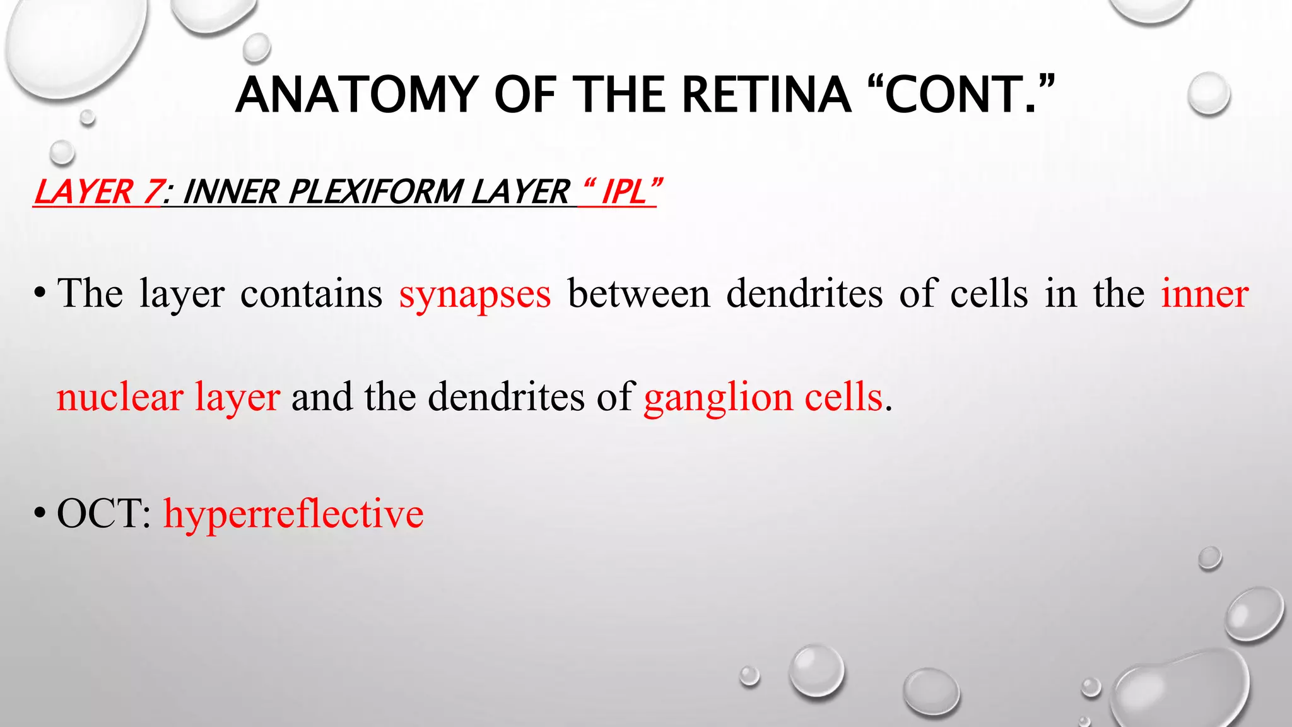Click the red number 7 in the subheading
(151, 192)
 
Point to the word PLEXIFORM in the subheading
(375, 192)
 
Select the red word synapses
(475, 294)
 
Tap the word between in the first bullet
(638, 294)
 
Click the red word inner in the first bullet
(1204, 294)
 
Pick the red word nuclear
(120, 398)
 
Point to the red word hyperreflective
(293, 514)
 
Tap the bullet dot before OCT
(40, 514)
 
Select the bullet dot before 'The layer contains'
(40, 294)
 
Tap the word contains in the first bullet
(311, 294)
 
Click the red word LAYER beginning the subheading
(82, 192)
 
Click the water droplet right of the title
(1208, 93)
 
